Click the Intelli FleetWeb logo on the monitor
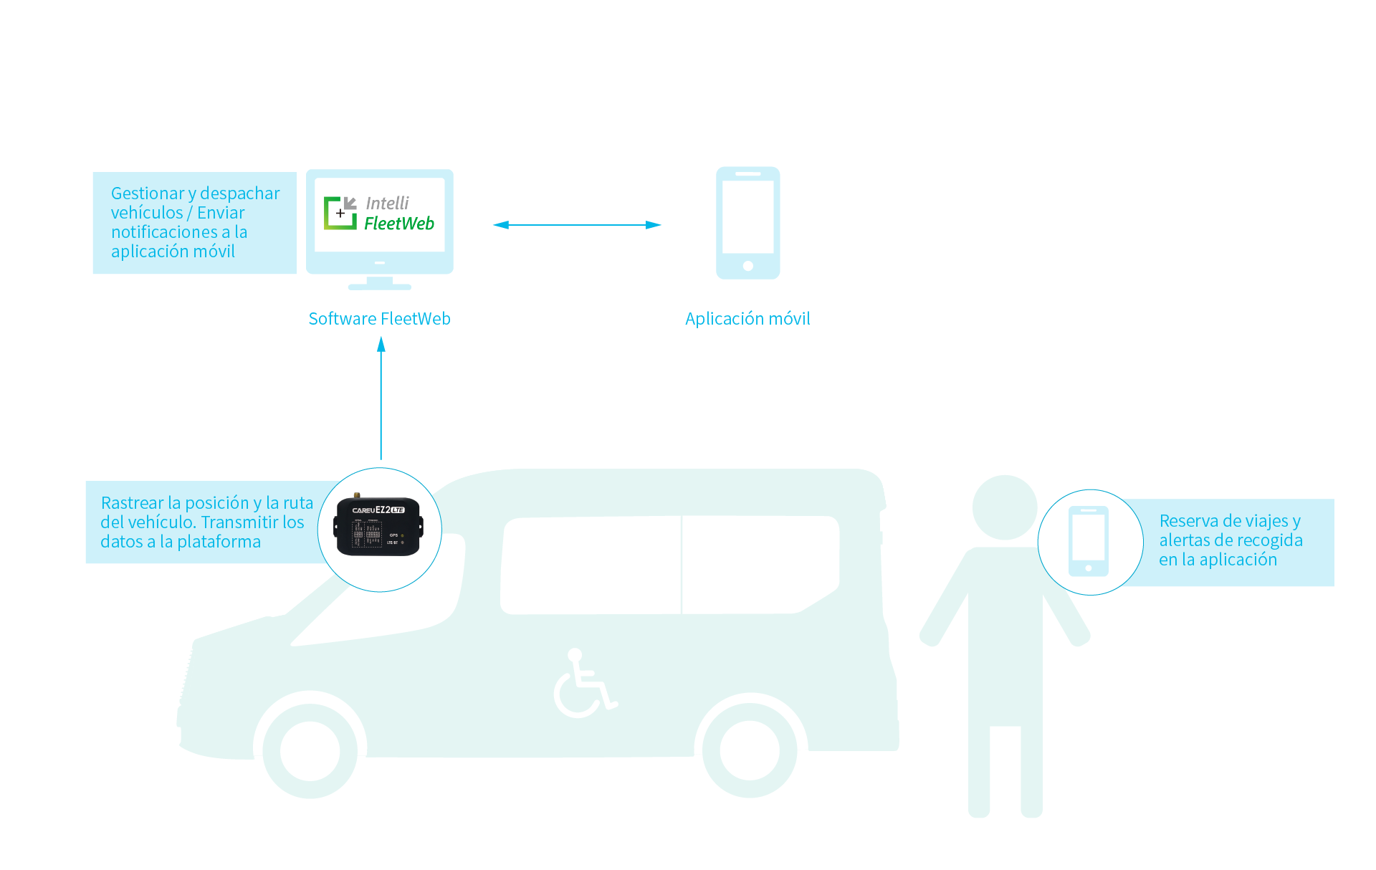[379, 214]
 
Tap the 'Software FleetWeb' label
[379, 319]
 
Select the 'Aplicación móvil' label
[747, 319]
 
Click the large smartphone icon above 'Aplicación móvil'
[747, 222]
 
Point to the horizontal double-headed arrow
[577, 225]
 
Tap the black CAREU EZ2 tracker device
[378, 527]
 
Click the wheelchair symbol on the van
[584, 684]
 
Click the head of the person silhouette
[1005, 507]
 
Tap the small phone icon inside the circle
[1089, 541]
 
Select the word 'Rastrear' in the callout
[132, 503]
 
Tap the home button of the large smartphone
[747, 266]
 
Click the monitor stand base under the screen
[379, 287]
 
